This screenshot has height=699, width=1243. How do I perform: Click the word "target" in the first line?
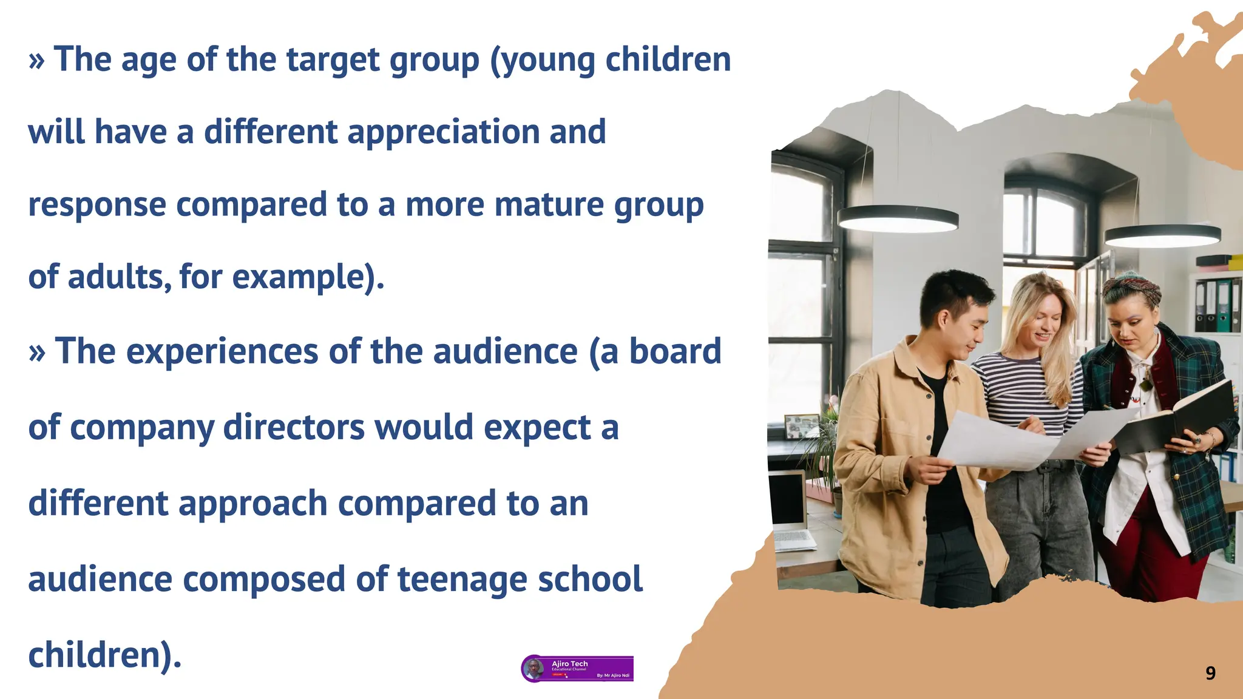click(333, 61)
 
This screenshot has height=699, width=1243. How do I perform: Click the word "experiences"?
click(222, 352)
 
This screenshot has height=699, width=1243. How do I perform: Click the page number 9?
click(1210, 673)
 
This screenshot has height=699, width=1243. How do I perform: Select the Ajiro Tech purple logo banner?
click(577, 669)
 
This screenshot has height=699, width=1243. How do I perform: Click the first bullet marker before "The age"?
click(36, 61)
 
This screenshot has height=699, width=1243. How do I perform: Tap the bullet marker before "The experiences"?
click(36, 353)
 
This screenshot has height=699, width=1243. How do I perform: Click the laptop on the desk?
click(790, 510)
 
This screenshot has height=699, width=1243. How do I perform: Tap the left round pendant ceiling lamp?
click(897, 218)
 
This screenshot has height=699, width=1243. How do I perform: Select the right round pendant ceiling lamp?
click(1162, 235)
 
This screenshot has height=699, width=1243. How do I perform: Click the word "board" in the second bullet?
click(675, 352)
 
